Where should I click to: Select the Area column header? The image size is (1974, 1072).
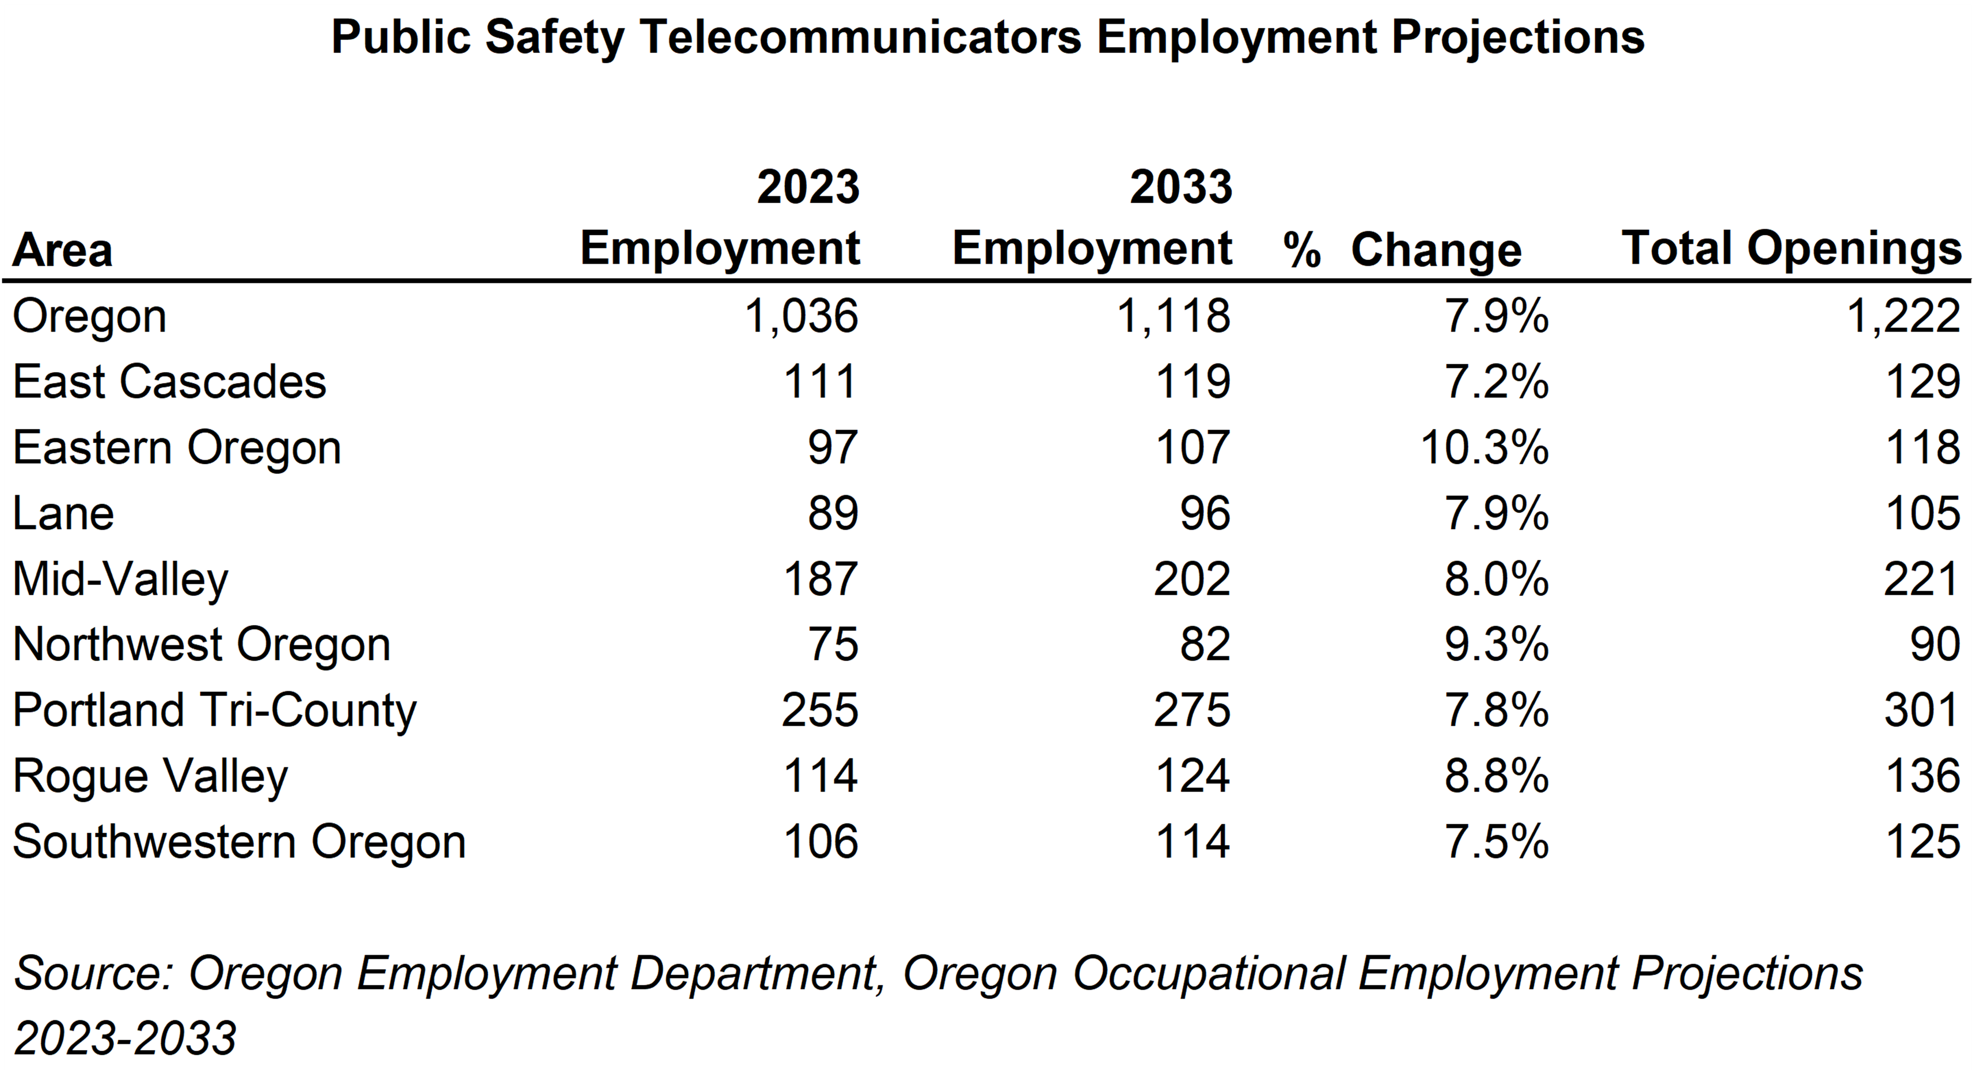pos(63,251)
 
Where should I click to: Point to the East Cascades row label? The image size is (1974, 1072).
pos(169,381)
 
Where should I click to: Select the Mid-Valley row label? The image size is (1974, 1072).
pos(120,579)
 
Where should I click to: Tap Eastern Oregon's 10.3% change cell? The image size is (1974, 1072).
pos(1484,447)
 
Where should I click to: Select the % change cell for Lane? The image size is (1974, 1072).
pos(1496,513)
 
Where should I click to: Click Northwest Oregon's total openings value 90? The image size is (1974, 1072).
pos(1934,645)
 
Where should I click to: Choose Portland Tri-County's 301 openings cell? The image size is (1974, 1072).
pos(1921,710)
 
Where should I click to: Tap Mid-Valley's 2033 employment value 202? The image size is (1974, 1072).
pos(1192,579)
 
